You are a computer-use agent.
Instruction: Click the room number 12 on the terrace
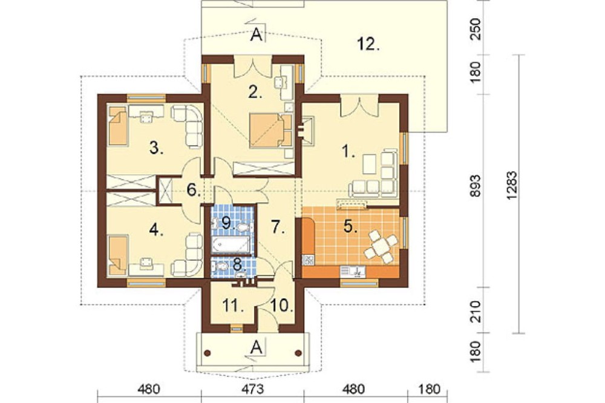368,44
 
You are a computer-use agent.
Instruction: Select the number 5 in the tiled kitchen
350,226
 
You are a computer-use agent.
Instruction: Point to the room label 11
233,306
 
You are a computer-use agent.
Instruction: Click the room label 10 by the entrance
281,306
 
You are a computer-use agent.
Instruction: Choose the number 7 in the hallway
278,227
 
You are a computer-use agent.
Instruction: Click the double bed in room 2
271,130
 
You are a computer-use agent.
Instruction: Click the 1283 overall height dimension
511,186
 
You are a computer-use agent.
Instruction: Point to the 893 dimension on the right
476,186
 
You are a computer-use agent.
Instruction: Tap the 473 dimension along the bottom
253,389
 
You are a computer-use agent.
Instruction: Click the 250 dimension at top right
476,29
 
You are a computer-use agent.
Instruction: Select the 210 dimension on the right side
476,311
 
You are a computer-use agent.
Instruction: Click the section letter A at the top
257,36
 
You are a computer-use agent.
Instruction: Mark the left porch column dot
207,352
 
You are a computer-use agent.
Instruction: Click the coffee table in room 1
370,163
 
